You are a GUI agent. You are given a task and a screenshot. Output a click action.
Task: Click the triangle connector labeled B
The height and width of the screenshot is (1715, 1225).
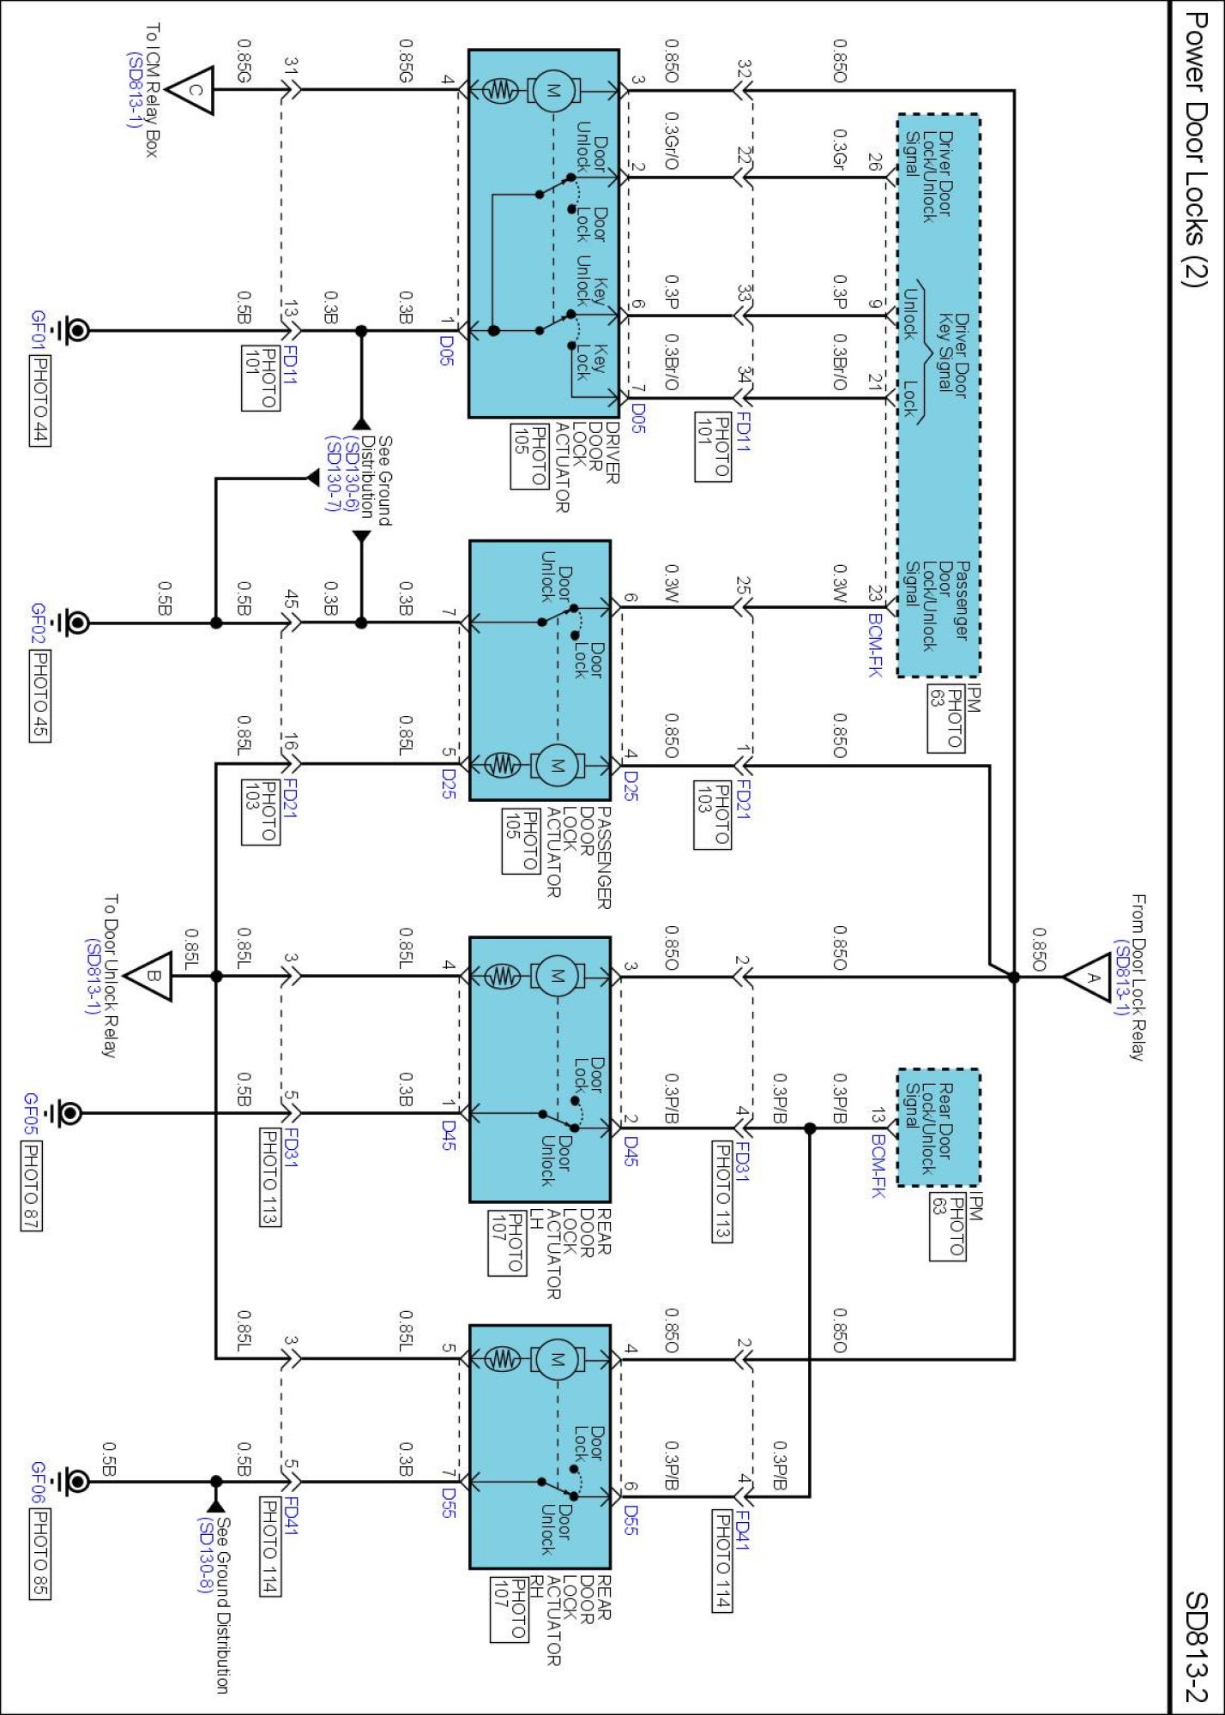pos(148,976)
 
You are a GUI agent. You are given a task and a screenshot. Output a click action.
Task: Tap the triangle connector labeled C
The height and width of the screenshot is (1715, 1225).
pos(189,90)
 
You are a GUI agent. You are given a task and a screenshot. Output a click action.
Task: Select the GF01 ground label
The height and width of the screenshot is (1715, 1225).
pos(38,329)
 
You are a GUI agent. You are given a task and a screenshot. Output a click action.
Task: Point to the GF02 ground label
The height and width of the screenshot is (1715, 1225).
pos(38,623)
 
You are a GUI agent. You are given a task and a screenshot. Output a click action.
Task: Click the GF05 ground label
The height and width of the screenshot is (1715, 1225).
pos(31,1113)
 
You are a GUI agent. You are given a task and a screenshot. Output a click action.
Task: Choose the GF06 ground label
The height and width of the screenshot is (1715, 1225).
pos(38,1482)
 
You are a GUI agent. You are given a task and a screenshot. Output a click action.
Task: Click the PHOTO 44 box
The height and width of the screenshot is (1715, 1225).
pos(39,400)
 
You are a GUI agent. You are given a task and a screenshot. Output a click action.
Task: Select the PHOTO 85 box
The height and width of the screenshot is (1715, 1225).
pos(39,1555)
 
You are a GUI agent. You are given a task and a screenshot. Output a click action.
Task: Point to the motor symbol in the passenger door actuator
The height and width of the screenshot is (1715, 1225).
pos(558,764)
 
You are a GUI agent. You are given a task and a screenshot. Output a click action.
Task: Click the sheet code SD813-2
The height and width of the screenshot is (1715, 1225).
pos(1196,1646)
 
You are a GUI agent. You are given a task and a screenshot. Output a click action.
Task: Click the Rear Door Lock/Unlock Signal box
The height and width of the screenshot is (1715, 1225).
pos(938,1128)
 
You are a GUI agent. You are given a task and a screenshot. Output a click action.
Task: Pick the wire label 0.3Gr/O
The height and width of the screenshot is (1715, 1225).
pos(672,141)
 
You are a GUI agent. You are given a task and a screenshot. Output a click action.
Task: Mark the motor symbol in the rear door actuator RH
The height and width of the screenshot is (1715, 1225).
pos(558,1359)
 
